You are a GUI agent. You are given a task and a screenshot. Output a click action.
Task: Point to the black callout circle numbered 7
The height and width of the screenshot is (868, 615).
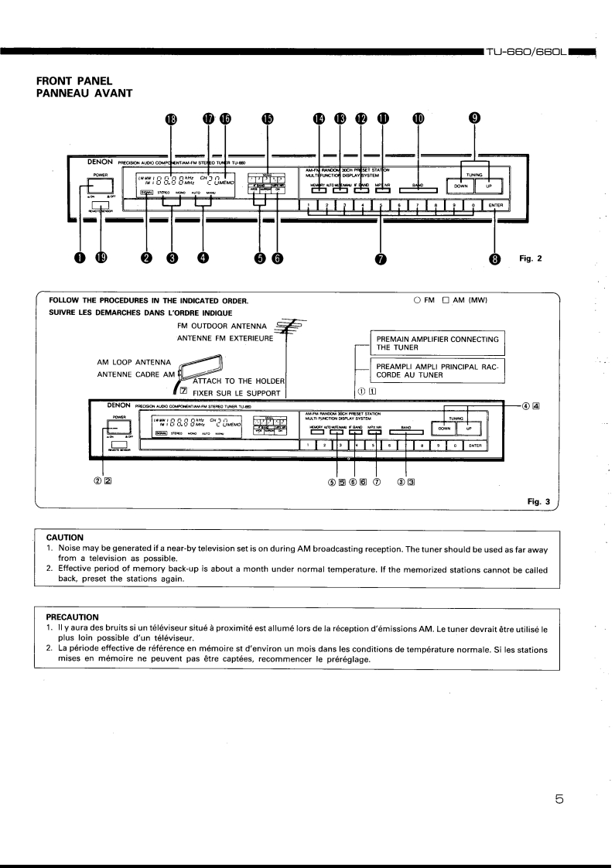pos(380,258)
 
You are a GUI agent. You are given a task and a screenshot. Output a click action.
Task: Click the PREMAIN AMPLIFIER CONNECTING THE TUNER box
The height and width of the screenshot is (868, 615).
pos(436,343)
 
